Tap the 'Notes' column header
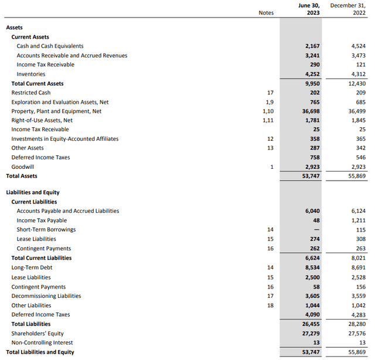266,12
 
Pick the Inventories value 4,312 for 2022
354,74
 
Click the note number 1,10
267,111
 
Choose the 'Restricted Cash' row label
30,93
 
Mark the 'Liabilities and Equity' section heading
32,192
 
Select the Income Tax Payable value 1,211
354,220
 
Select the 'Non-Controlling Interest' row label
42,342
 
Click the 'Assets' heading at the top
15,28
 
